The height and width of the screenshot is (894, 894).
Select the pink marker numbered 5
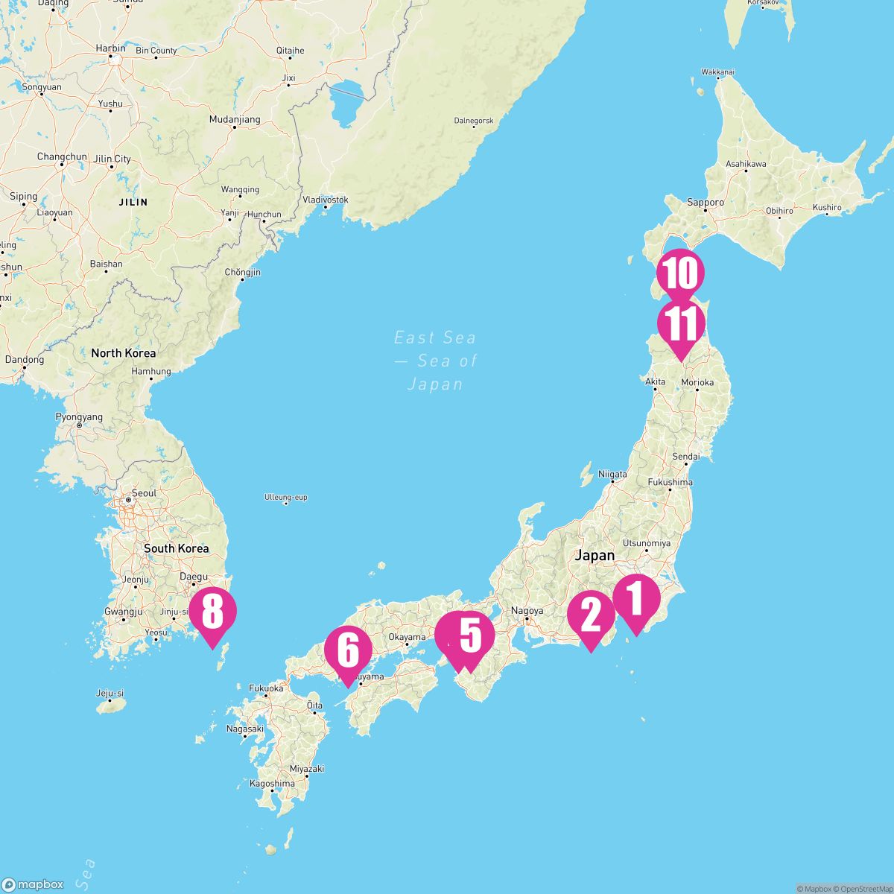click(470, 635)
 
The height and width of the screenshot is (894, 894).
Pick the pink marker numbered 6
click(348, 650)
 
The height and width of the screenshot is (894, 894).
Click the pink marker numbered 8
click(212, 612)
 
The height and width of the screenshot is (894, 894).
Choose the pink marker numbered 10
click(681, 273)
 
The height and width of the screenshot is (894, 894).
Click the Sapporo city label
click(705, 202)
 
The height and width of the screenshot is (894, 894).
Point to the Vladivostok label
click(326, 200)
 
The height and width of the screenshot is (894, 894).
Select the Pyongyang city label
click(79, 417)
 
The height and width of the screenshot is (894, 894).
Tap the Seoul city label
click(144, 493)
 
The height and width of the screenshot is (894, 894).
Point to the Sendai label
click(685, 456)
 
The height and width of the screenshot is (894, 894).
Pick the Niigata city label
click(612, 474)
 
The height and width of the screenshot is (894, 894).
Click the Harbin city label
click(110, 48)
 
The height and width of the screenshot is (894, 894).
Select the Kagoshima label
click(272, 783)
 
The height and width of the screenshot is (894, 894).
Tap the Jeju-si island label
click(110, 693)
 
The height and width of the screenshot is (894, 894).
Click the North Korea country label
click(124, 353)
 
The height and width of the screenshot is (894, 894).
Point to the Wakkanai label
click(718, 72)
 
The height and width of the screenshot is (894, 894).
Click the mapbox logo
click(33, 884)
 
